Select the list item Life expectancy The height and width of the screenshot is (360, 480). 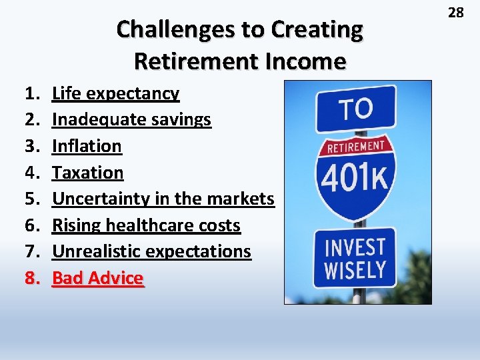(x=115, y=93)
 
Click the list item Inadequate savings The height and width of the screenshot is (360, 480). (x=131, y=119)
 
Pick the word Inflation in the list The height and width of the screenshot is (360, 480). (x=87, y=146)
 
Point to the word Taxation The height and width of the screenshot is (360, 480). (x=87, y=173)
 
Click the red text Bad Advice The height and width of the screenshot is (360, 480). (x=97, y=278)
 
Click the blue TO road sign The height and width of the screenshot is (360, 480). (x=355, y=108)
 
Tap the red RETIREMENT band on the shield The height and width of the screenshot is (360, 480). (x=356, y=147)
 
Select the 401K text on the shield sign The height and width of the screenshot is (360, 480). (x=356, y=177)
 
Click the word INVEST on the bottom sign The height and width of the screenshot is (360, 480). (x=355, y=247)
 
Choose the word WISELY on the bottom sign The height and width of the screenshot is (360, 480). (x=355, y=270)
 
